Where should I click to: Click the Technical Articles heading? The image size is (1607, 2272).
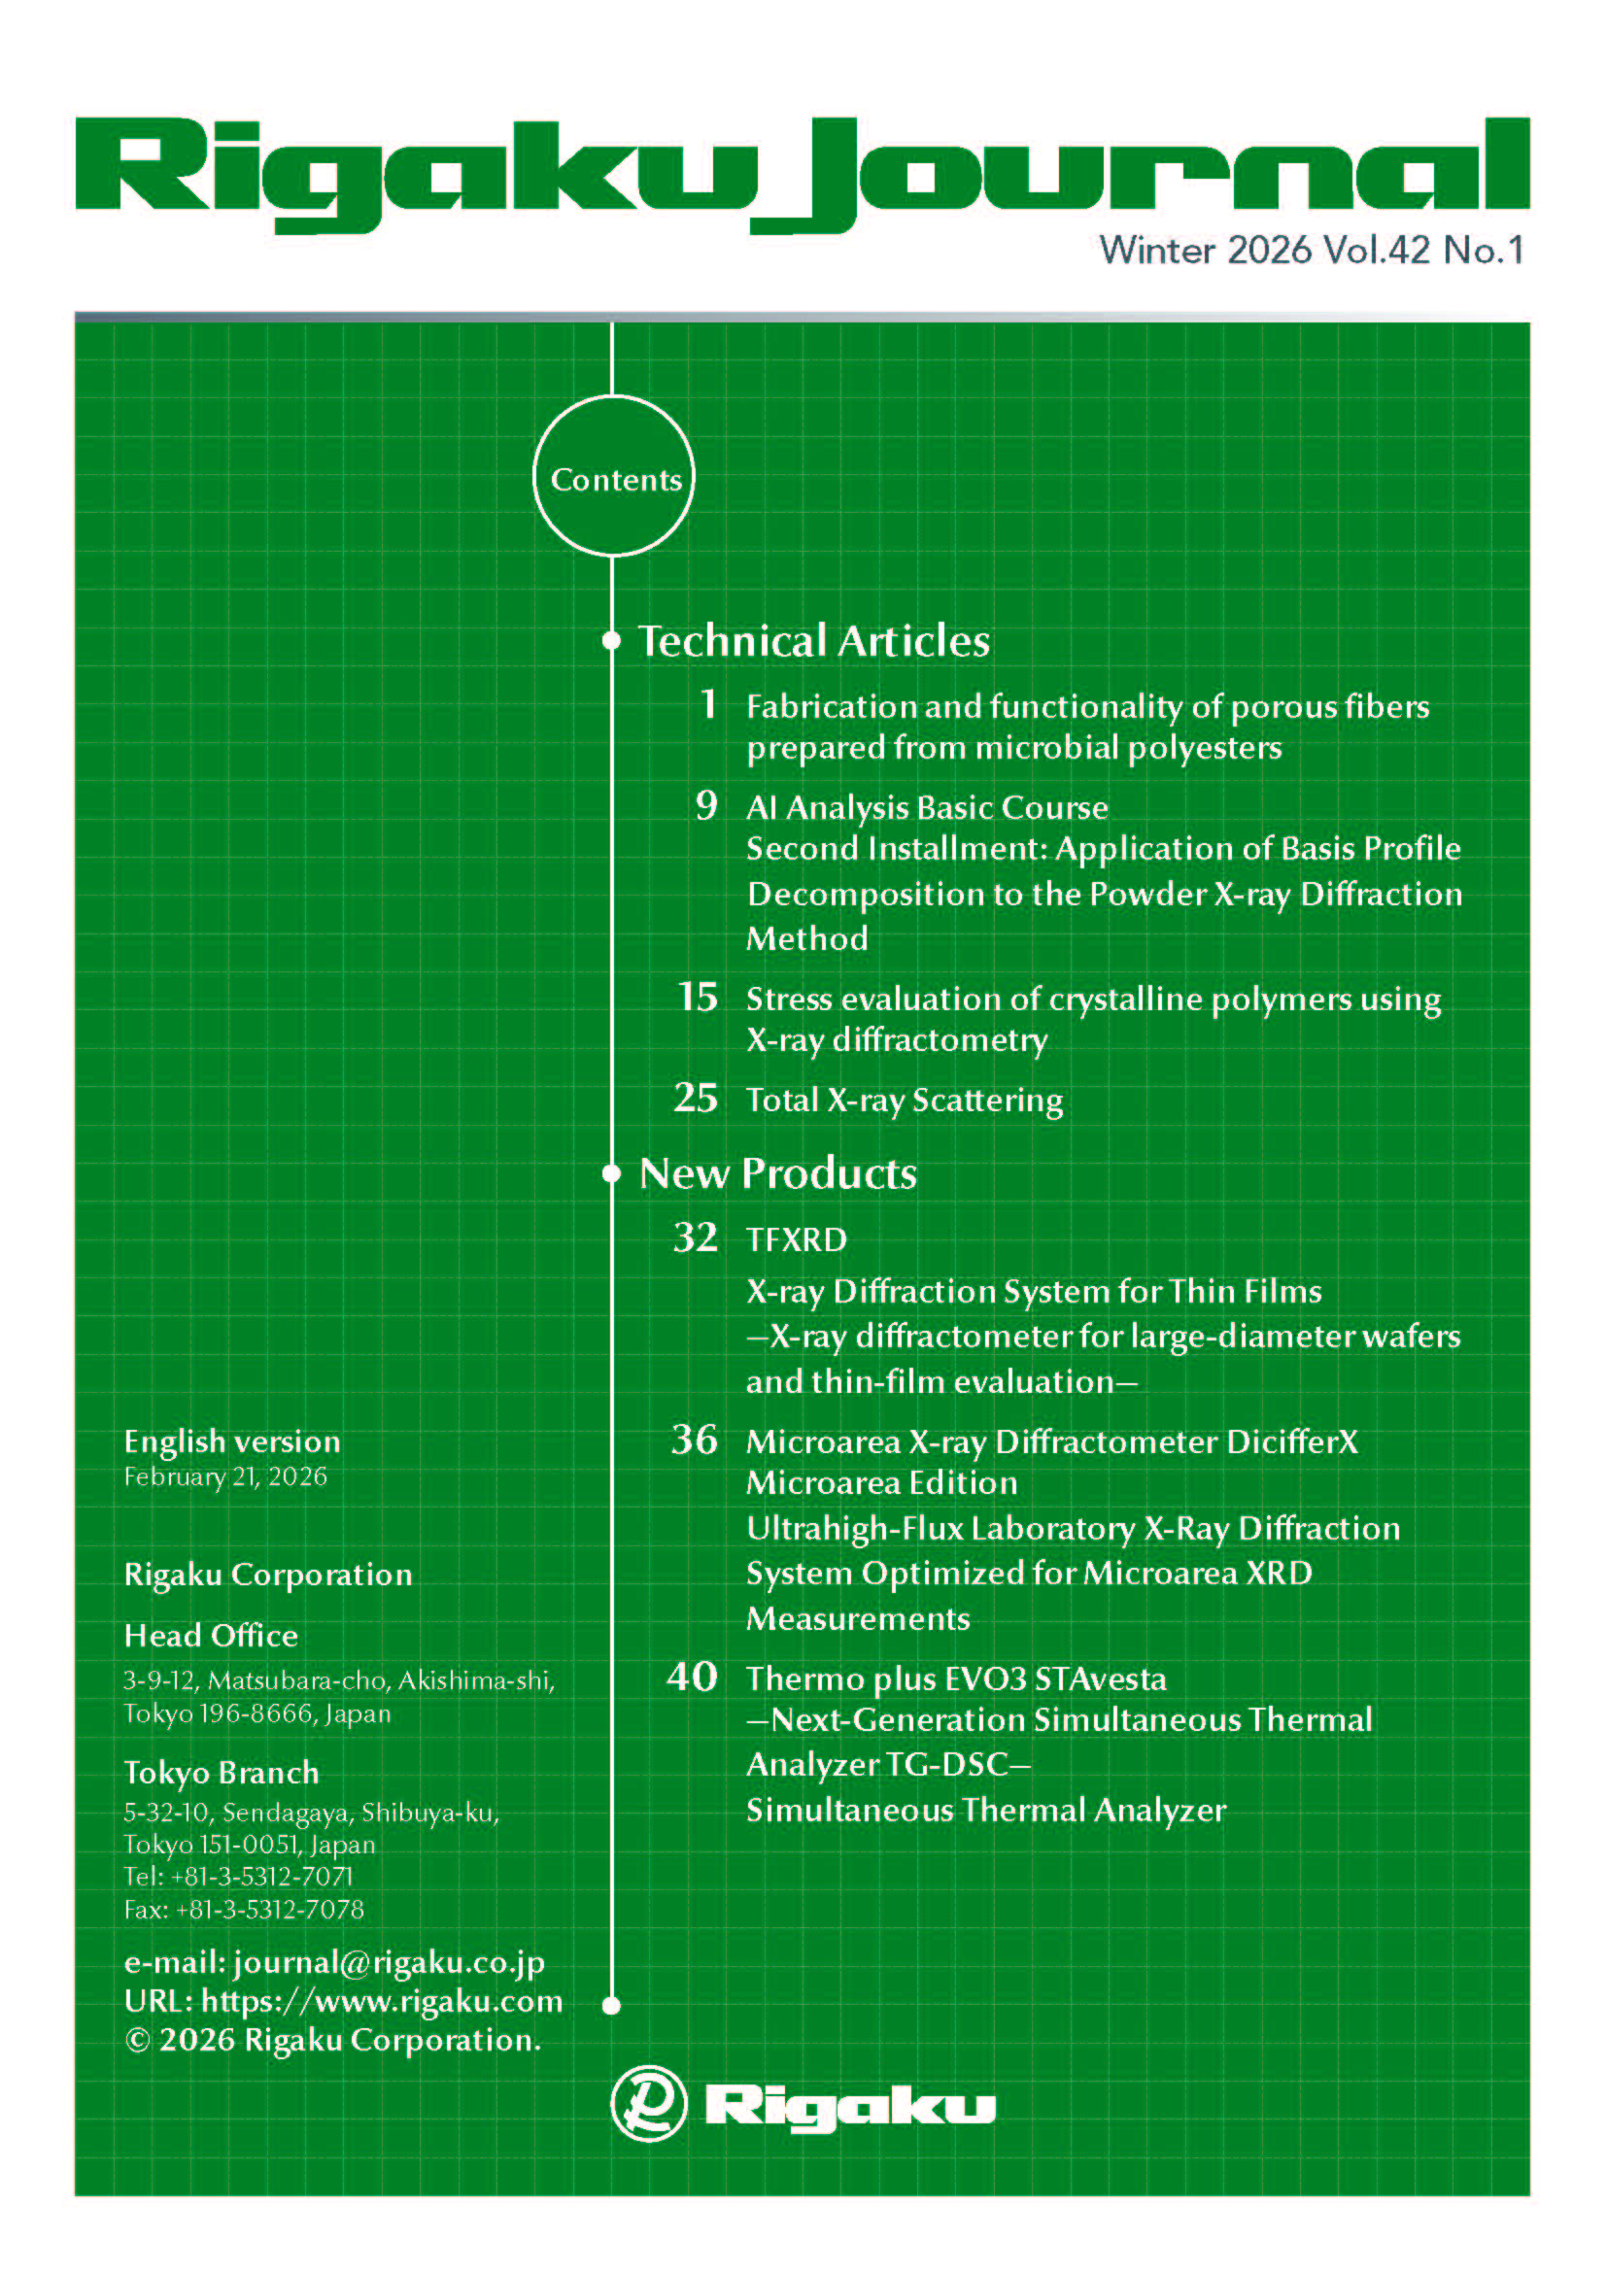813,641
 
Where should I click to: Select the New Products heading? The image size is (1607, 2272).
778,1173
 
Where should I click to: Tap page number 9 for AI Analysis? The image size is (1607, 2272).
705,805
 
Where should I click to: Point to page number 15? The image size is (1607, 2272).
698,997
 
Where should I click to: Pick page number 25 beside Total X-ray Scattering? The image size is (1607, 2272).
696,1098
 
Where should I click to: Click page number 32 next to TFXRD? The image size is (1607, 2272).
695,1238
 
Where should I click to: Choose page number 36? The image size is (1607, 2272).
695,1440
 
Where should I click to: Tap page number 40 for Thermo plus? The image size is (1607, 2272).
692,1678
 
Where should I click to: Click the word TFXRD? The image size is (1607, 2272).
797,1239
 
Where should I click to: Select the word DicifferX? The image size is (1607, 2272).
1292,1441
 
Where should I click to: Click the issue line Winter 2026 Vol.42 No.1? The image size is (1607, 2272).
1311,251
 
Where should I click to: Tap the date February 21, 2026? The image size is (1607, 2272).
225,1476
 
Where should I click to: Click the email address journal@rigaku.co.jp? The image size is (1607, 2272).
389,1962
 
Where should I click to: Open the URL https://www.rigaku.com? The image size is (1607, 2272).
381,2001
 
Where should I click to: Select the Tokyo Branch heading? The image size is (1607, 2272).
222,1773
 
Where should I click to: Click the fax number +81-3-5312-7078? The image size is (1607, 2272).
269,1909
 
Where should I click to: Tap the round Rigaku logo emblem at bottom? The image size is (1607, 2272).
648,2103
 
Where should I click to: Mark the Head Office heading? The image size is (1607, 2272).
211,1636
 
